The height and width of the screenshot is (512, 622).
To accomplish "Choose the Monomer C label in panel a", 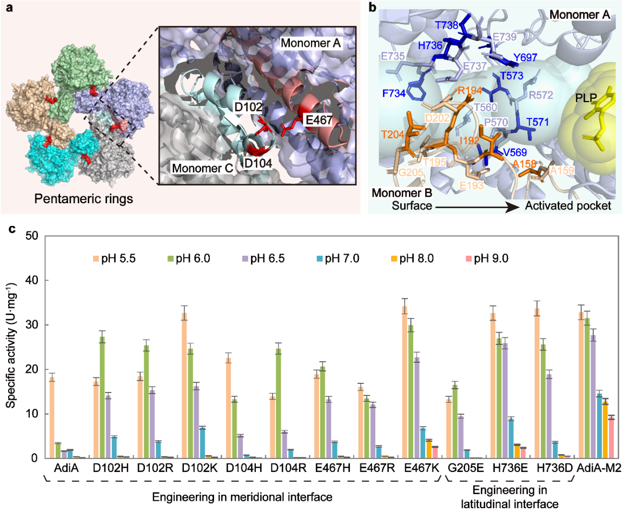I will pos(201,168).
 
